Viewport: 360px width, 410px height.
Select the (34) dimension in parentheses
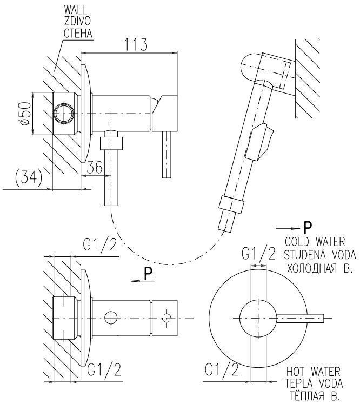tap(27, 178)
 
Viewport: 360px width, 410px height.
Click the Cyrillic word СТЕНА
tap(76, 34)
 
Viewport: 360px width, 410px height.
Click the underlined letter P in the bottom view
tap(149, 275)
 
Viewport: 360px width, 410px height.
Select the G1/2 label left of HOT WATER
tap(222, 369)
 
